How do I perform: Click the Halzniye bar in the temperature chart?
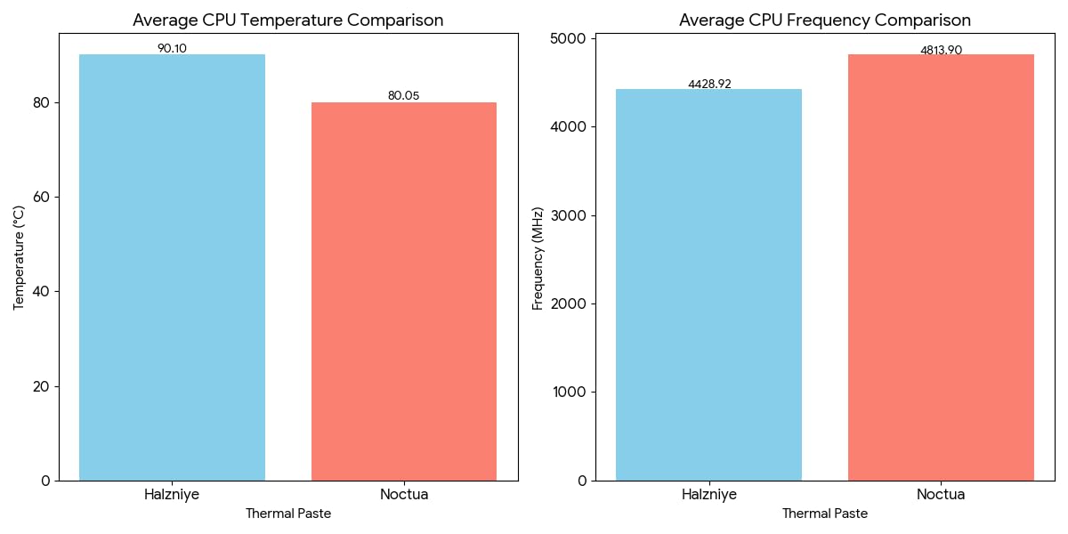pos(172,267)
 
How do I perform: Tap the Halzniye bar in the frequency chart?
pos(708,285)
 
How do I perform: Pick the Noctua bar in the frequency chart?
pos(941,267)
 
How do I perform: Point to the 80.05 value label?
pos(403,96)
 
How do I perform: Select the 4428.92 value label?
pos(709,84)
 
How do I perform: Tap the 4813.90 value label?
pos(941,50)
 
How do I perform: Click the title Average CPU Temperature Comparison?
pos(288,20)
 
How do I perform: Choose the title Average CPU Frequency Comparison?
pos(825,20)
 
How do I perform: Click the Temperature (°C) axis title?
pos(20,257)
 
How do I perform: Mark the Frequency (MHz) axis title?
pos(538,257)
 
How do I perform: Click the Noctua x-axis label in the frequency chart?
pos(941,495)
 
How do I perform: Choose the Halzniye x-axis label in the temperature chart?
pos(172,495)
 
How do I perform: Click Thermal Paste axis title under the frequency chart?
pos(825,514)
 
